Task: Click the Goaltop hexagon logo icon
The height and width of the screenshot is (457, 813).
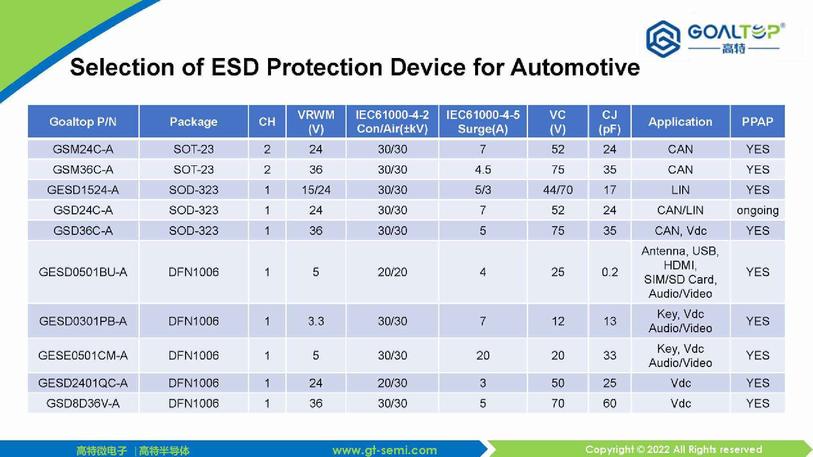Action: (663, 39)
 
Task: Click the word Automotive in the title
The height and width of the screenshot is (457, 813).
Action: (575, 67)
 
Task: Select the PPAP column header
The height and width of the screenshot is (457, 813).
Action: (757, 122)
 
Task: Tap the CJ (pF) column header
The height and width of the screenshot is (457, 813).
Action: (609, 122)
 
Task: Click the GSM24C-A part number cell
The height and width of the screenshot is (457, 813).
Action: (83, 149)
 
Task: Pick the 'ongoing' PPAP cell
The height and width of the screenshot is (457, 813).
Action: (757, 210)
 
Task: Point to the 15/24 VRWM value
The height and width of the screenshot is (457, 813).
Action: (316, 190)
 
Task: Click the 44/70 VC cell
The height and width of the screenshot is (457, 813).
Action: (557, 190)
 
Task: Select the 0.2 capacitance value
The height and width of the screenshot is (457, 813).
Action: (609, 272)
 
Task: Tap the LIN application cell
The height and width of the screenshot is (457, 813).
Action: (680, 190)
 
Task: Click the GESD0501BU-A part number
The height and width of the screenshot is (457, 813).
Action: (83, 272)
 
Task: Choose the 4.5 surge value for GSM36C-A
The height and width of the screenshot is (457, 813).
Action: (483, 169)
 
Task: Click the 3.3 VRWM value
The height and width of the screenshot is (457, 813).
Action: (316, 321)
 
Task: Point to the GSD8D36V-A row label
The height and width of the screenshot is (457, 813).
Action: (83, 403)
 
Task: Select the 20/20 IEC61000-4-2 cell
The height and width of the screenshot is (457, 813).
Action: (392, 272)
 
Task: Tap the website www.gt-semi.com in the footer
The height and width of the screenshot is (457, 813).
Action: (384, 450)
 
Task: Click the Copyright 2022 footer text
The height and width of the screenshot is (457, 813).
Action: (673, 449)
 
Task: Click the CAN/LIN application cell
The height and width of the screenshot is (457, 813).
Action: (680, 210)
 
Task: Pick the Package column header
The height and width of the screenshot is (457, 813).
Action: (194, 122)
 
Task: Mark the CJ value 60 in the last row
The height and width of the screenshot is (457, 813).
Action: (609, 403)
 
